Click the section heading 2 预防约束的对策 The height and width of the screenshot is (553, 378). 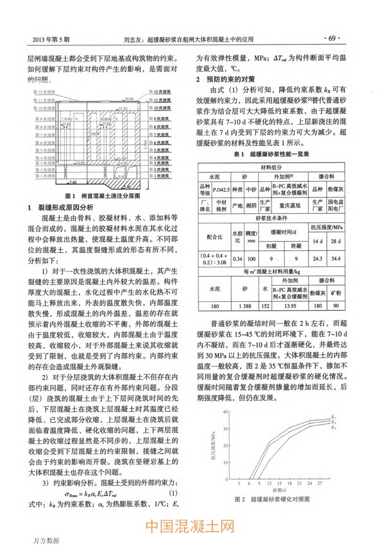click(224, 79)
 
